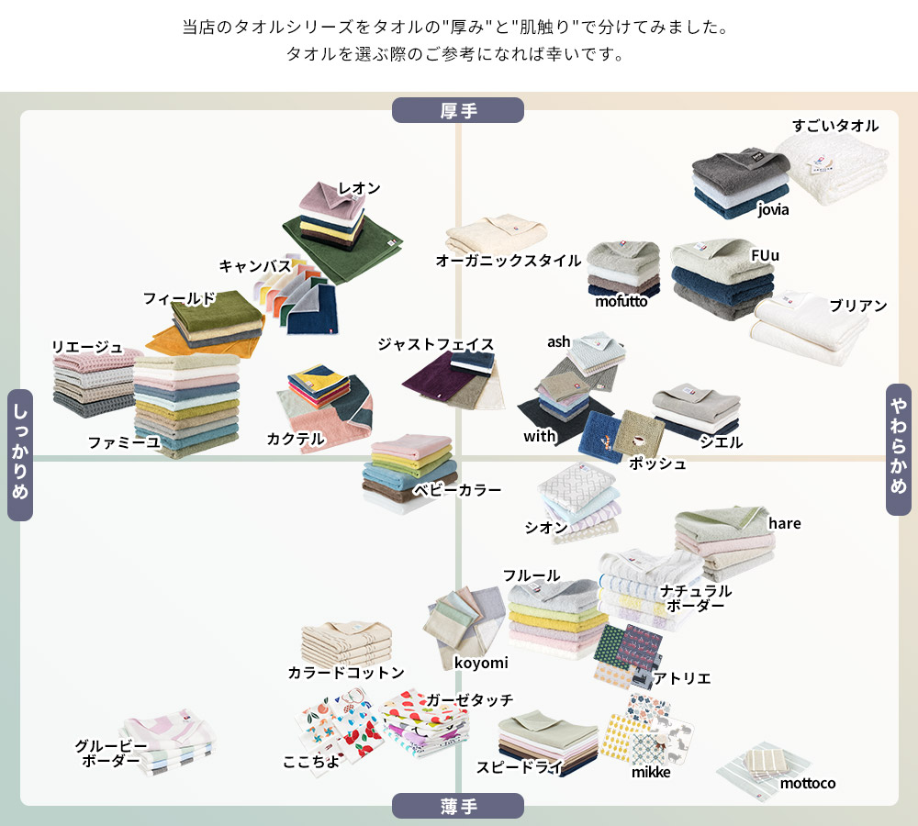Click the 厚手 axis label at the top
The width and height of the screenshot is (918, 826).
(458, 110)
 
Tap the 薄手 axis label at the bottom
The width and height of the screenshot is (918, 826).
(458, 806)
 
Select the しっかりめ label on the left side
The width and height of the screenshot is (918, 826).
(20, 455)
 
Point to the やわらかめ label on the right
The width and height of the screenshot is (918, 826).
(899, 450)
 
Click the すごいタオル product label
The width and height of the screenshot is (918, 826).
(835, 125)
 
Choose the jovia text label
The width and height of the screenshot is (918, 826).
(773, 209)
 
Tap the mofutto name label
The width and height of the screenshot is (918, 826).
(621, 301)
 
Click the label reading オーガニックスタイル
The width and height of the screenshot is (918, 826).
(509, 261)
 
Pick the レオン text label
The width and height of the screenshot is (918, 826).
(360, 188)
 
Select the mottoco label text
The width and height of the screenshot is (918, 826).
(808, 783)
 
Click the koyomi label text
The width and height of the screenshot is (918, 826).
(481, 663)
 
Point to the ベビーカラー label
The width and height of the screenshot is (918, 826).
(457, 490)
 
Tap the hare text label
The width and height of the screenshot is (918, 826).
(785, 523)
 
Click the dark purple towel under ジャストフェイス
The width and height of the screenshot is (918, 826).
(433, 381)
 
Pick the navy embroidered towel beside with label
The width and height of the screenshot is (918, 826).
(600, 437)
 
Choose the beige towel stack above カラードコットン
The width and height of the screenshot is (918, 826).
(347, 642)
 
